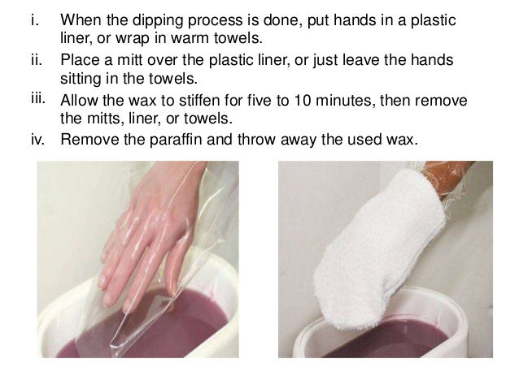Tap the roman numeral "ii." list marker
coord(37,60)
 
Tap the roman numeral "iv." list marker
coord(37,140)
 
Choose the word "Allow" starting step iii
coord(80,100)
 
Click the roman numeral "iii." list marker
coord(38,98)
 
